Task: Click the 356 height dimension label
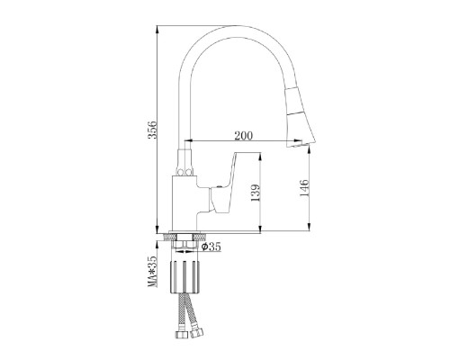153,130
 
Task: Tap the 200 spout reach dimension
243,136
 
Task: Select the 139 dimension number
256,193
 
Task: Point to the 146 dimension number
304,188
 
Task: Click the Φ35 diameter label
211,247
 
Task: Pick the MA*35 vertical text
153,271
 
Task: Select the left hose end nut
182,334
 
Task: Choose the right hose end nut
197,332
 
